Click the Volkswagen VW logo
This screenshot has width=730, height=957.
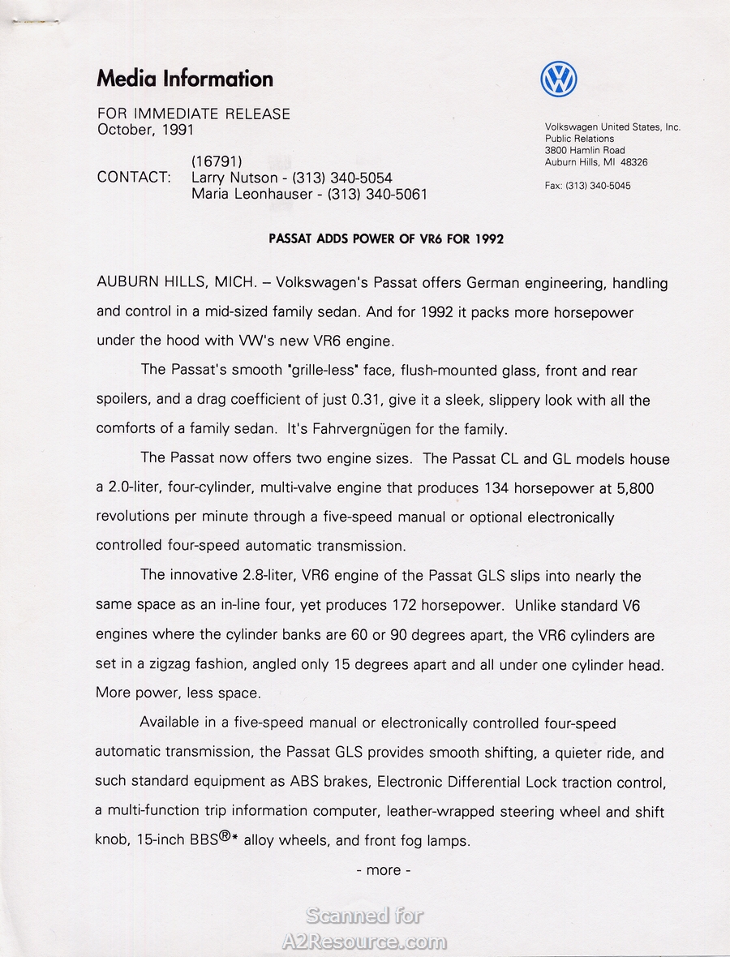coord(559,79)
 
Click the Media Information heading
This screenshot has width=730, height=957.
coord(185,79)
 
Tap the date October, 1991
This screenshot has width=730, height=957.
coord(146,130)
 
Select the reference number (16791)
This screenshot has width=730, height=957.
coord(217,161)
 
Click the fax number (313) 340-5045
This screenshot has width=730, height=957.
coord(600,186)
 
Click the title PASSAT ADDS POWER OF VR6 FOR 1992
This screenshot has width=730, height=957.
coord(385,239)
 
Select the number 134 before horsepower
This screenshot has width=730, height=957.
coord(497,488)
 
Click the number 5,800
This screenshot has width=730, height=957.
coord(635,488)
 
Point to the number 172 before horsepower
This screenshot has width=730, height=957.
coord(403,606)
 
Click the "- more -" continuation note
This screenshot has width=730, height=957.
coord(384,870)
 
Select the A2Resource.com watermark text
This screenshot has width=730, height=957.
coord(364,942)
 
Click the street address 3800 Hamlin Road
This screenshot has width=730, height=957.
coord(585,151)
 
